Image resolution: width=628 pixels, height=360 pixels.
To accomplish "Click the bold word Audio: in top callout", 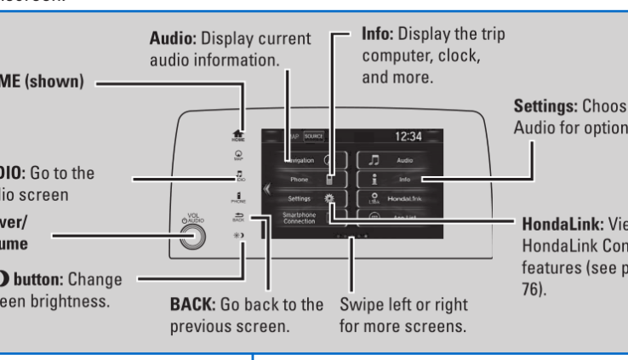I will [173, 39].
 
